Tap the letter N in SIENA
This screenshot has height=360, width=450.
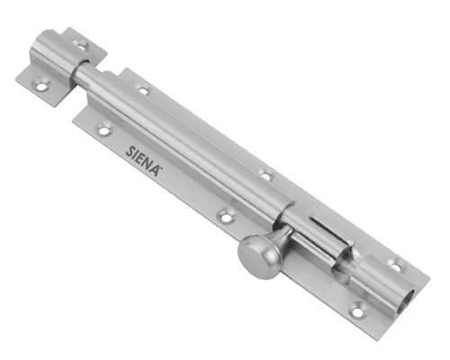coord(148,165)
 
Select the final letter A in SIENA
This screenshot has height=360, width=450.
coord(156,170)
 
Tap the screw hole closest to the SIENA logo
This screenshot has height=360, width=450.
coord(103,130)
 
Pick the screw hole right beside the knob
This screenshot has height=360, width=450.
coord(226,216)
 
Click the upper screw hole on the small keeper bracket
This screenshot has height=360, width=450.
coord(80,46)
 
